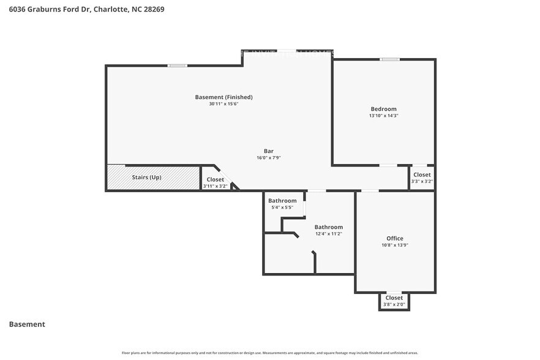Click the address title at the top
point(86,9)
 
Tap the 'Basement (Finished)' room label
point(223,97)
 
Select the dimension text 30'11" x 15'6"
point(223,104)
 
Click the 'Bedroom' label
point(383,109)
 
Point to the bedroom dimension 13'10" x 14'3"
point(383,116)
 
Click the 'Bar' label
point(268,151)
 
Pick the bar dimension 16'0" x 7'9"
point(268,157)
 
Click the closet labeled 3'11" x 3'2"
point(215,182)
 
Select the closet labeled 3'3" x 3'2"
point(422,178)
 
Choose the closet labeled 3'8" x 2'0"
point(394,301)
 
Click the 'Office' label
point(394,238)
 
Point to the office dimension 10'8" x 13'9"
point(394,245)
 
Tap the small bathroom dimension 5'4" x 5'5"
point(282,208)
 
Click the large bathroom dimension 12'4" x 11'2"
point(328,233)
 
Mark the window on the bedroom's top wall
point(389,59)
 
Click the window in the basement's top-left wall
point(178,66)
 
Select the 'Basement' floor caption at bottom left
point(27,324)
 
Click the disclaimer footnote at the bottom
point(270,353)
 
